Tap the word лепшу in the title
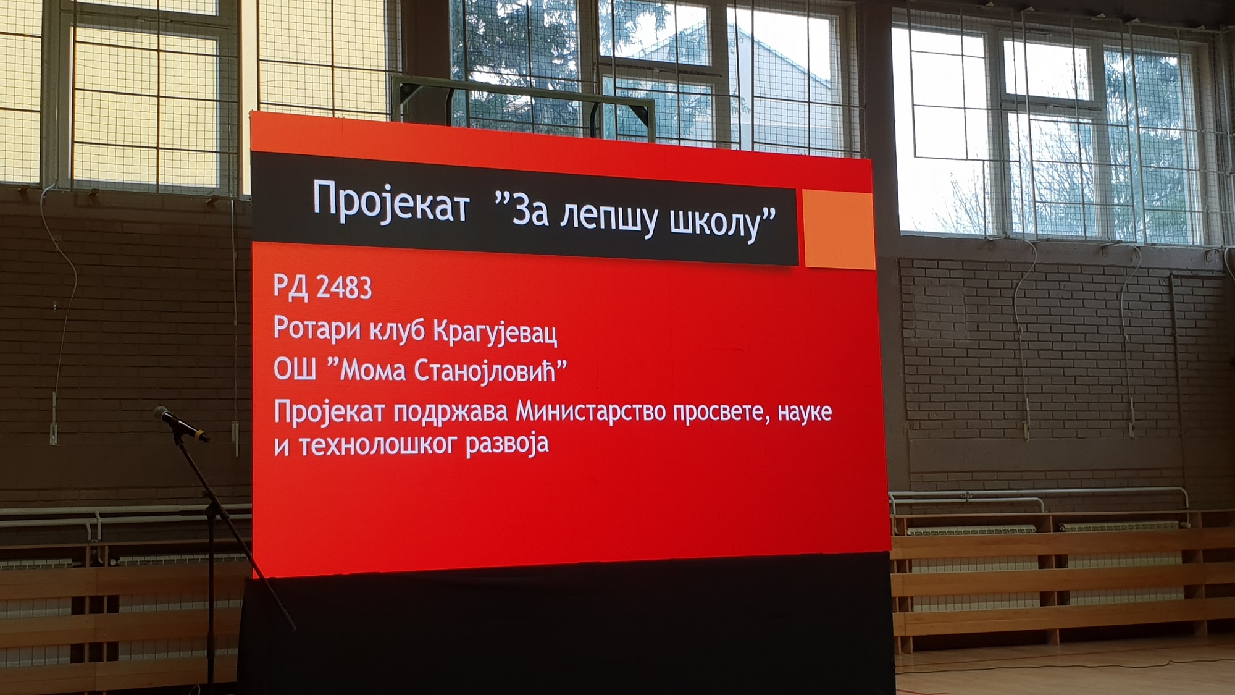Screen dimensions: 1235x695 pyautogui.click(x=609, y=218)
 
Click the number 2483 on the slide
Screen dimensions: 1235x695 pyautogui.click(x=344, y=288)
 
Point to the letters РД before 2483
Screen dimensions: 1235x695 pyautogui.click(x=291, y=286)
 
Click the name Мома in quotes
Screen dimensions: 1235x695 pyautogui.click(x=372, y=370)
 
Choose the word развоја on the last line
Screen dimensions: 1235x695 pyautogui.click(x=507, y=444)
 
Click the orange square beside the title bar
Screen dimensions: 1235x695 pyautogui.click(x=839, y=229)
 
